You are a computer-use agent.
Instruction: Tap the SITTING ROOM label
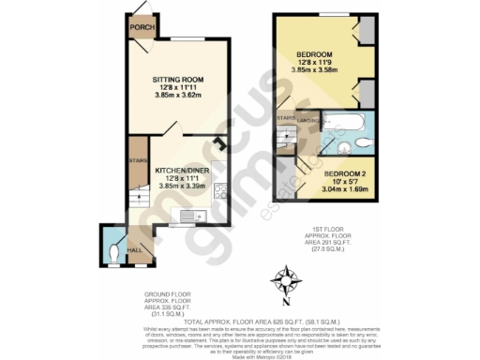[178, 81]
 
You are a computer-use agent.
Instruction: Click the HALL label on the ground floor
[134, 251]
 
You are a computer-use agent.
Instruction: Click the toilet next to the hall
[112, 250]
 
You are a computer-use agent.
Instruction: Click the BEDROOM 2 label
[344, 174]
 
